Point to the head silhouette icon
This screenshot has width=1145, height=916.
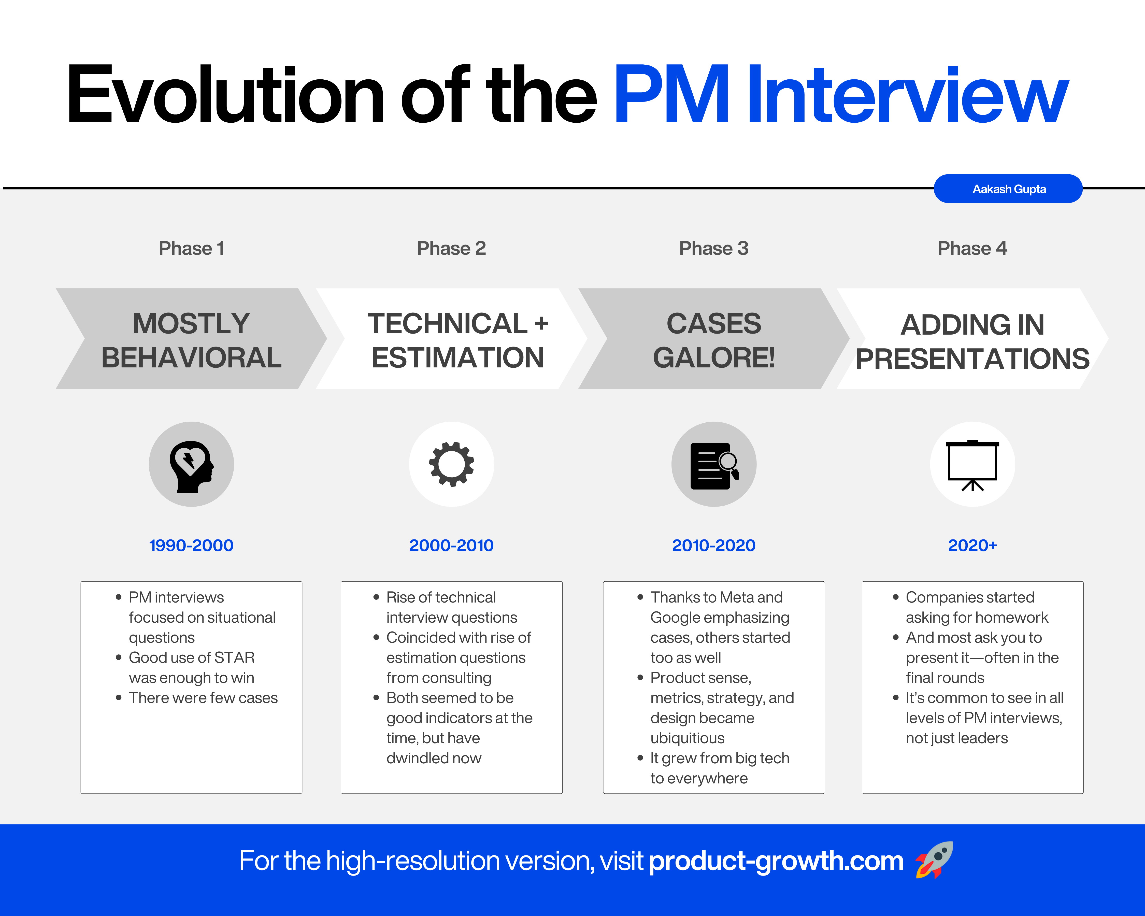(x=191, y=466)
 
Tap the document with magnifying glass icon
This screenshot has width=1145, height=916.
(x=714, y=466)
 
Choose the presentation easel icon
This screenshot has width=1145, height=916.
(x=972, y=466)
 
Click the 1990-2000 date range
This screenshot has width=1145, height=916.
(x=191, y=545)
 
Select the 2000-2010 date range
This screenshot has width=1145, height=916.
(x=451, y=545)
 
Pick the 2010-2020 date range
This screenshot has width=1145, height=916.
(x=714, y=545)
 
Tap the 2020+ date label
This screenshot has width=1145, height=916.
(x=972, y=545)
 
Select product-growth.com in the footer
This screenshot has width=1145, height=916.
(x=776, y=861)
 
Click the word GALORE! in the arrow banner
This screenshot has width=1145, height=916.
(x=714, y=357)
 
